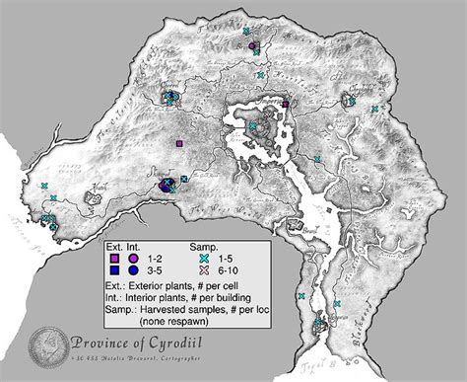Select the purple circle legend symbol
point(132,257)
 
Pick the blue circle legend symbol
point(132,268)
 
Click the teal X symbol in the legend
point(204,257)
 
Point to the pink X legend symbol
point(204,268)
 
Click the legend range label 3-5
point(153,268)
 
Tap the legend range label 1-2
point(153,257)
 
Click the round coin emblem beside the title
point(44,344)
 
